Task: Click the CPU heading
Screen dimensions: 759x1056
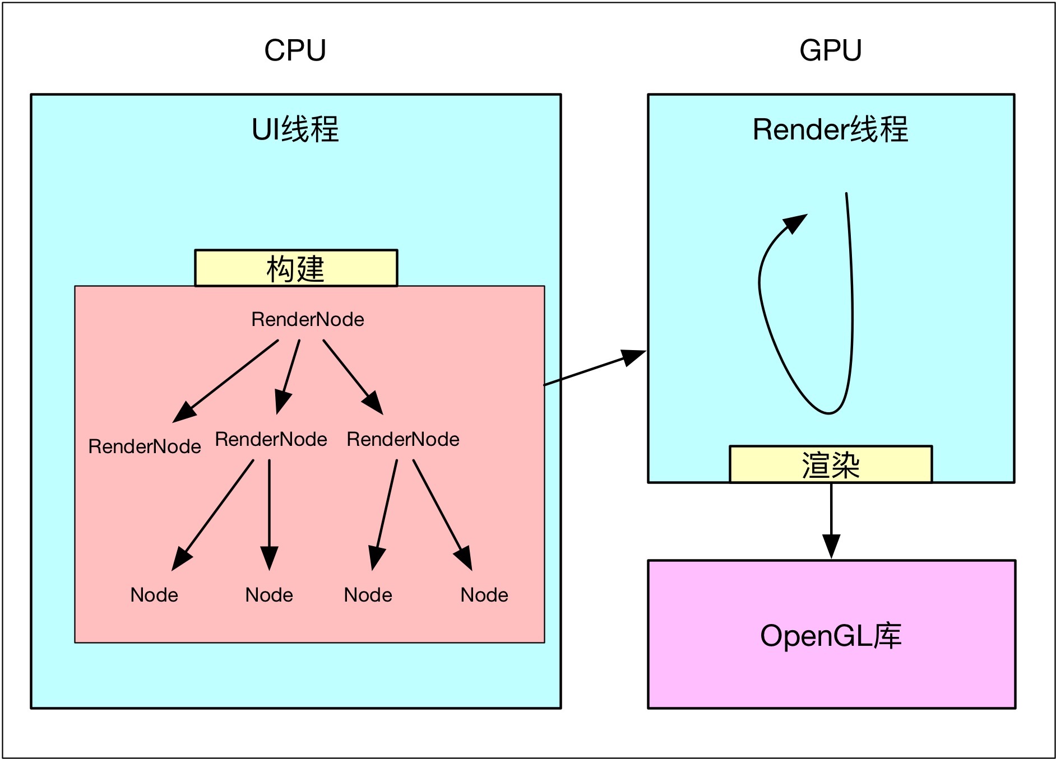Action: (x=295, y=50)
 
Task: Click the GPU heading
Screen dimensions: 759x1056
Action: (x=830, y=50)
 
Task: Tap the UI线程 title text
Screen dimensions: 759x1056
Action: (x=295, y=129)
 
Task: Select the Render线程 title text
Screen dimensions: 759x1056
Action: (x=830, y=129)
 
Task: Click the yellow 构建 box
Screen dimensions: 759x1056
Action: (x=296, y=268)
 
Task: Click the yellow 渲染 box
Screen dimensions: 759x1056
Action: (x=830, y=464)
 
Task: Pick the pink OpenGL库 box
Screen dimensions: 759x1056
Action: (x=831, y=635)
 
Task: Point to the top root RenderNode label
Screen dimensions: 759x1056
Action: (x=308, y=319)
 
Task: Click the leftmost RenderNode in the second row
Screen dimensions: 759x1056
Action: (x=145, y=446)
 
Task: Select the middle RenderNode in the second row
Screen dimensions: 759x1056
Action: (x=271, y=439)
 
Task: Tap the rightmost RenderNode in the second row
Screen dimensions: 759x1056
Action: (x=403, y=439)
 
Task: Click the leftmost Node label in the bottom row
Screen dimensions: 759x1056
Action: (x=154, y=595)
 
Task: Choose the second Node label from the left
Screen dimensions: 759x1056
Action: (x=269, y=595)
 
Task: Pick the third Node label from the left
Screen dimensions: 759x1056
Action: (x=368, y=595)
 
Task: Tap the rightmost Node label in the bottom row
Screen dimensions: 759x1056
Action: (x=484, y=595)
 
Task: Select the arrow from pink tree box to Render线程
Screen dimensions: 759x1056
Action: (x=594, y=368)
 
